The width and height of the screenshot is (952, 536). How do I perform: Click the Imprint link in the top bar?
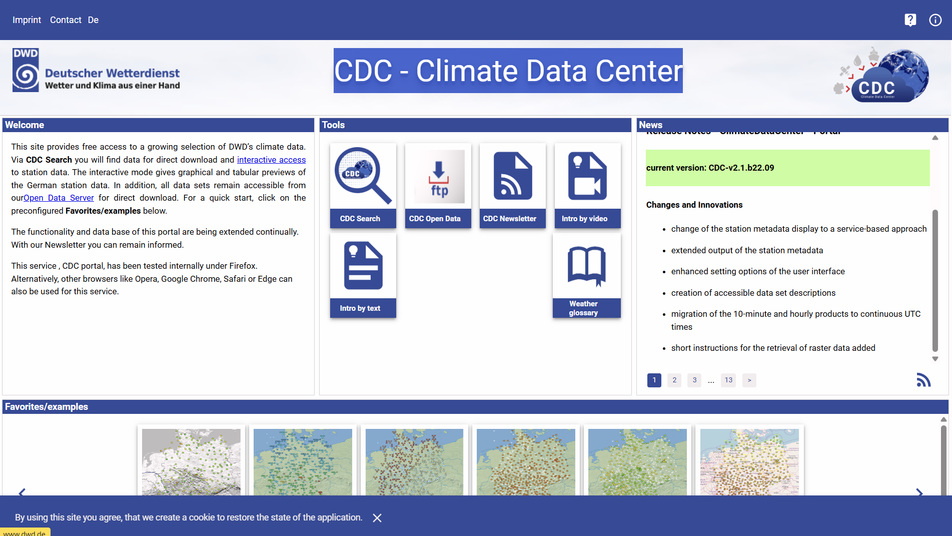27,20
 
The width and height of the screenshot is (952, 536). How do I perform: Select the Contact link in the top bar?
66,20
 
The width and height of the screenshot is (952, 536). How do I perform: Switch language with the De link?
93,20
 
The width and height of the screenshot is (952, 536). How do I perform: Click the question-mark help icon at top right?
910,20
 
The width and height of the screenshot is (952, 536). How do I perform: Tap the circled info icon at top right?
935,20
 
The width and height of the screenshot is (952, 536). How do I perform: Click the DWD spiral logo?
26,70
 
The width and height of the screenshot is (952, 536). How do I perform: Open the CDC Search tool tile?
363,185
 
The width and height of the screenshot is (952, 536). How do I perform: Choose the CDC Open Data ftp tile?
438,185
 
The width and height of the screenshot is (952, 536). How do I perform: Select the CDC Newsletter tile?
512,185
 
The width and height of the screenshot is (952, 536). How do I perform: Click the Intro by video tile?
587,185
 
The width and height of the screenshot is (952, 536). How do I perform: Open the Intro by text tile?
363,275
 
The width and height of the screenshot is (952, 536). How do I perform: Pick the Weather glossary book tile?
586,275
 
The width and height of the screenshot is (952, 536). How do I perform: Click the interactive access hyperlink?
271,160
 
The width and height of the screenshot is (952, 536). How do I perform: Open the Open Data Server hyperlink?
59,198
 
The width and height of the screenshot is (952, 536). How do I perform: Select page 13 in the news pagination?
728,380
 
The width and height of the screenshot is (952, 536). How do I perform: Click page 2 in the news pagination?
674,380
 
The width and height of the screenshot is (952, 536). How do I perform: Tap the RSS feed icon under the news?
923,380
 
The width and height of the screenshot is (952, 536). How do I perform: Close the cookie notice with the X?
377,518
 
